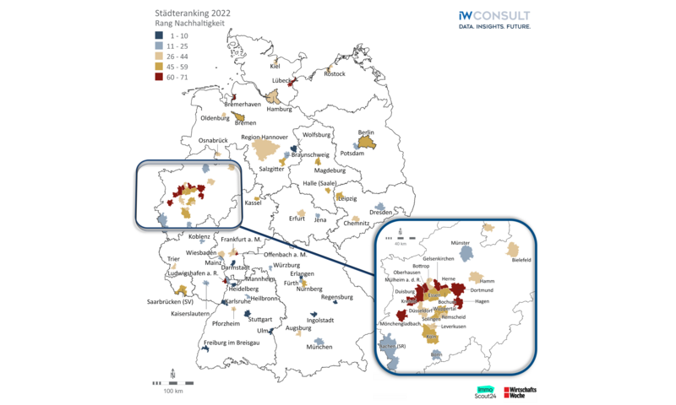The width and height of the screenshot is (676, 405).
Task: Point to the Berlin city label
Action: pyautogui.click(x=366, y=132)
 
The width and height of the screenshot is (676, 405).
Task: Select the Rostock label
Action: pyautogui.click(x=335, y=74)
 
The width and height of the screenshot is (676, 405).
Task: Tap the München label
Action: pyautogui.click(x=319, y=348)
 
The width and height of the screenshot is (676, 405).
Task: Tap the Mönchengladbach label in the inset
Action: pyautogui.click(x=402, y=324)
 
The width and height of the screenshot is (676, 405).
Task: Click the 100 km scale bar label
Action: pyautogui.click(x=173, y=391)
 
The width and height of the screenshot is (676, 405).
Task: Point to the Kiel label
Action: pyautogui.click(x=275, y=66)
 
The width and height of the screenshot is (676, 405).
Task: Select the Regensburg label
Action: pyautogui.click(x=336, y=297)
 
